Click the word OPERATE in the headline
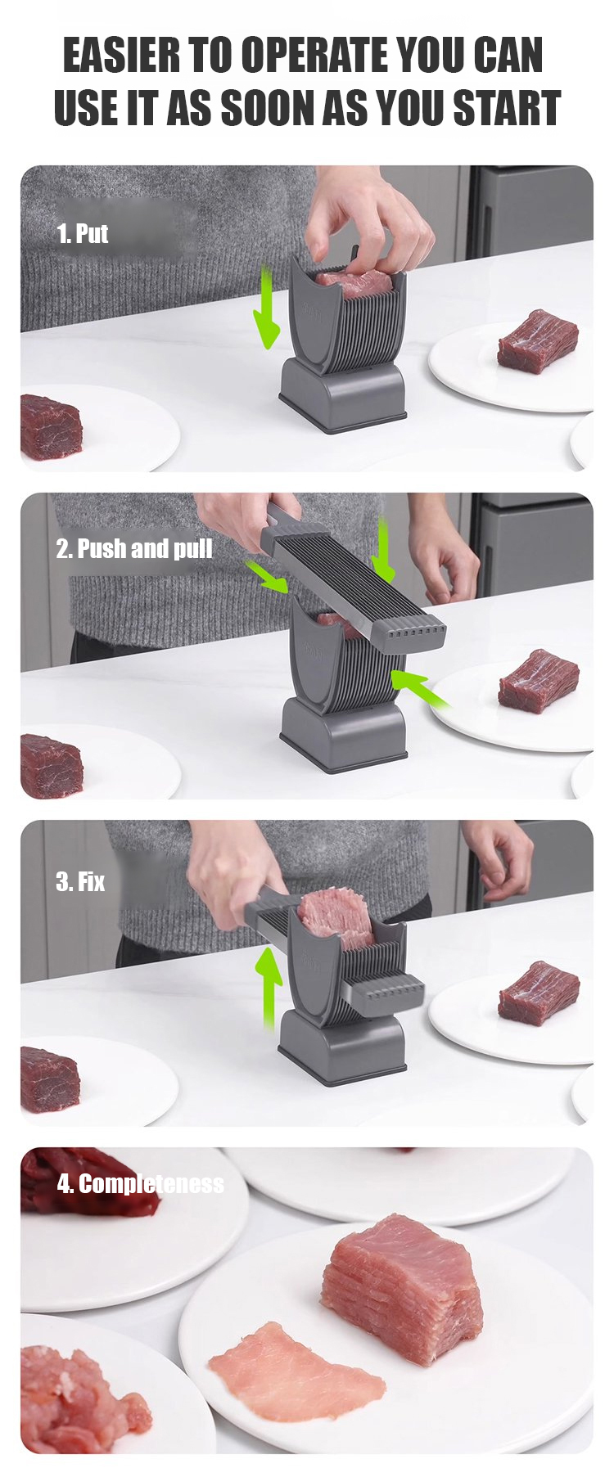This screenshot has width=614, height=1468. [x=314, y=56]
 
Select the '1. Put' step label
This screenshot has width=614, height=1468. [x=82, y=234]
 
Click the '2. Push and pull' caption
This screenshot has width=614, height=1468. [x=134, y=548]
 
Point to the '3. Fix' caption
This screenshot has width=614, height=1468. [x=80, y=882]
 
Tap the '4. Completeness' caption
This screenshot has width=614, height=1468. [x=140, y=1184]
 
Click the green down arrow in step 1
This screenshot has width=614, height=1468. [x=267, y=307]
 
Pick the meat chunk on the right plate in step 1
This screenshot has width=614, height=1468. [x=538, y=340]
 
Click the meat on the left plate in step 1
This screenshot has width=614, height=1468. [x=51, y=426]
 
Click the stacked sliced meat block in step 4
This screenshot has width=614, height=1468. [x=400, y=1290]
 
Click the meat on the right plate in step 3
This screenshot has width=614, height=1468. [x=539, y=993]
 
